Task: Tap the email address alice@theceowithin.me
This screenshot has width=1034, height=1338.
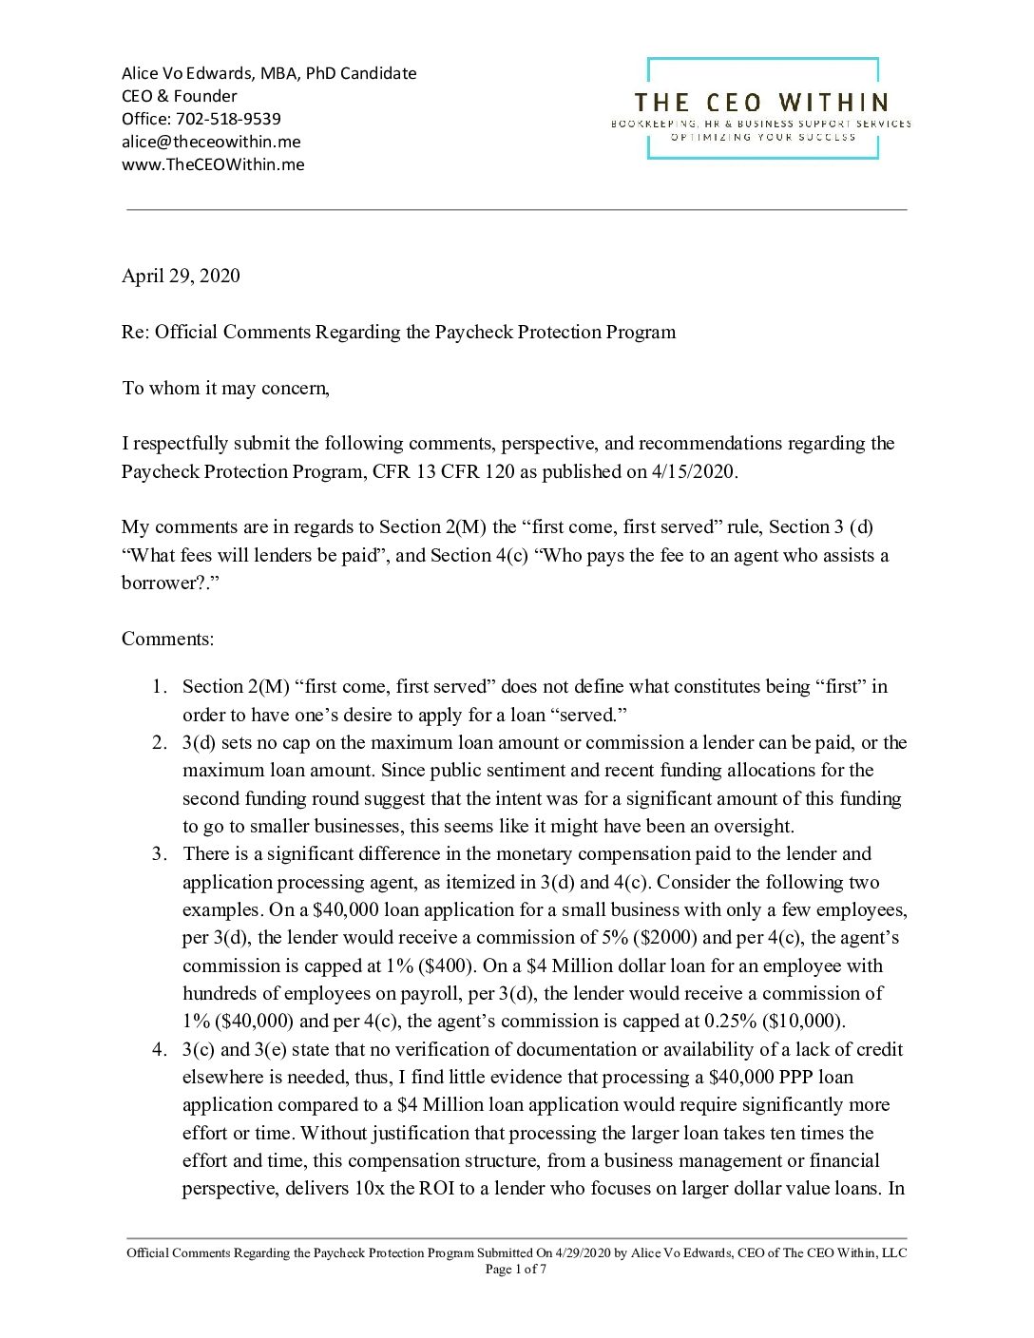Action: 211,142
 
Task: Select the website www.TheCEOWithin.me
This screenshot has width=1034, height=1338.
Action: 213,164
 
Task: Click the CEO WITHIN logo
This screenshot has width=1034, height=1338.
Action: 761,107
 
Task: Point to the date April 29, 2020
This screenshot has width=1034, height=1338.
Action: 181,276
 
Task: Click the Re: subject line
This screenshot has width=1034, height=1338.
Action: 398,332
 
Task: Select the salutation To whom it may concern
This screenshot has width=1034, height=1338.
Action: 225,388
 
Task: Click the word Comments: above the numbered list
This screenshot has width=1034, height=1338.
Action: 167,639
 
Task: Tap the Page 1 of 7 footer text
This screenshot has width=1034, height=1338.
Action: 516,1269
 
